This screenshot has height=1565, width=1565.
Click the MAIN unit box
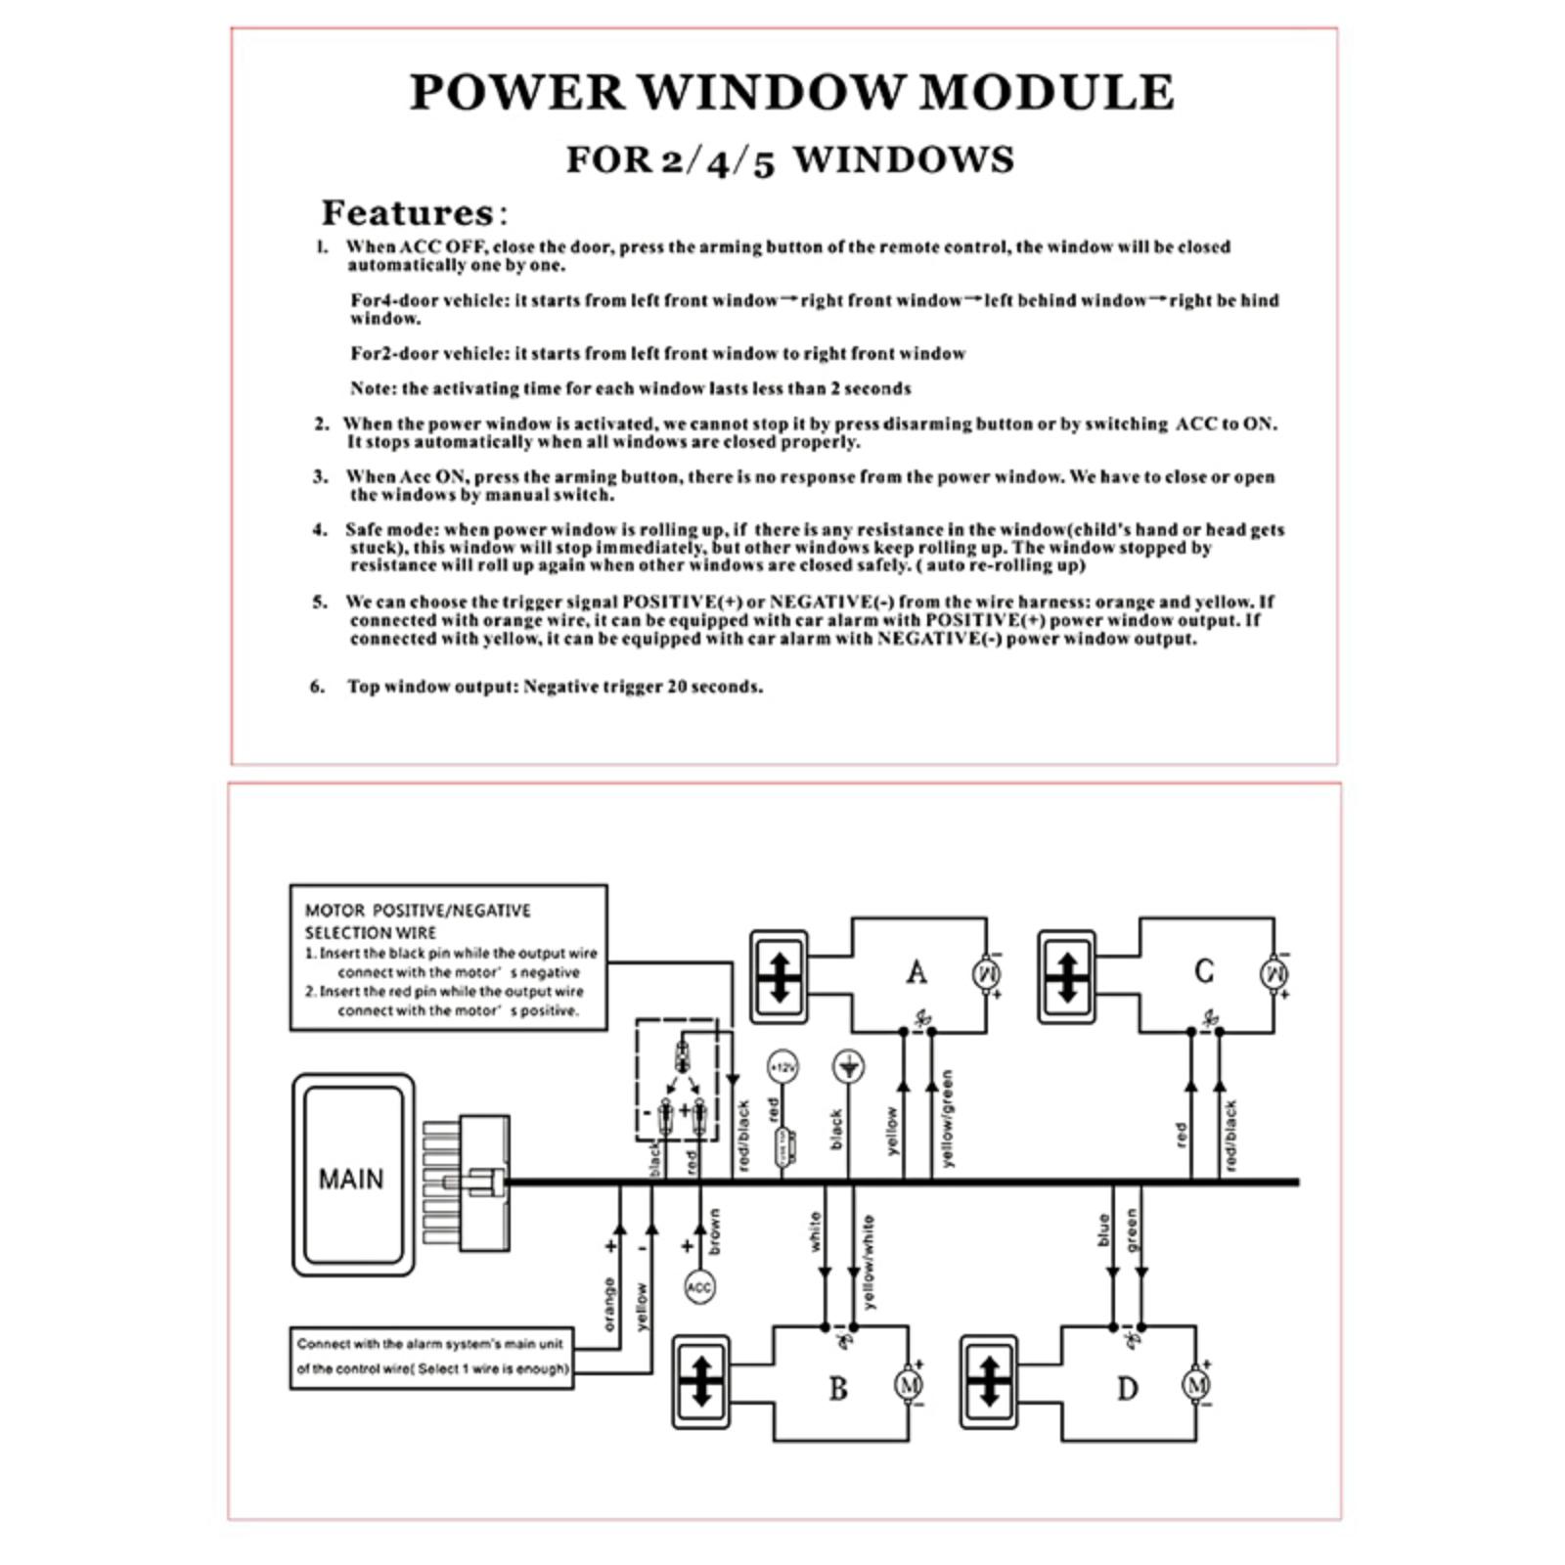click(x=352, y=1175)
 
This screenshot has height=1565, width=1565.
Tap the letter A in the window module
click(x=917, y=972)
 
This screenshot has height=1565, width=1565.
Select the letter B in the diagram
click(x=838, y=1388)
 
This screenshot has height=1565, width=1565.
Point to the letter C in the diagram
click(x=1204, y=971)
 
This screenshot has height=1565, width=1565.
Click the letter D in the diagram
click(x=1127, y=1389)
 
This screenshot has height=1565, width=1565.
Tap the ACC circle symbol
click(x=699, y=1287)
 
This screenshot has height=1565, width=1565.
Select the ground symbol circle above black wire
click(x=847, y=1066)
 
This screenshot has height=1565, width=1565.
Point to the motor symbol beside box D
click(x=1196, y=1385)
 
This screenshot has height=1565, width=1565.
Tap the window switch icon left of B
click(x=700, y=1381)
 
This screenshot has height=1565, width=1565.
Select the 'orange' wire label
click(x=609, y=1304)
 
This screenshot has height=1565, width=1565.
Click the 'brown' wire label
click(x=715, y=1231)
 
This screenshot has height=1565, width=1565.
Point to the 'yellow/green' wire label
click(x=947, y=1118)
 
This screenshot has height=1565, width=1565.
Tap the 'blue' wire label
click(x=1104, y=1230)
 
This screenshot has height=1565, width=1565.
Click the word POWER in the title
click(x=516, y=92)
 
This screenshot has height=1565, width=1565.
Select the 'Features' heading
click(x=408, y=212)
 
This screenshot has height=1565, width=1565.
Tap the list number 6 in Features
click(x=317, y=687)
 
